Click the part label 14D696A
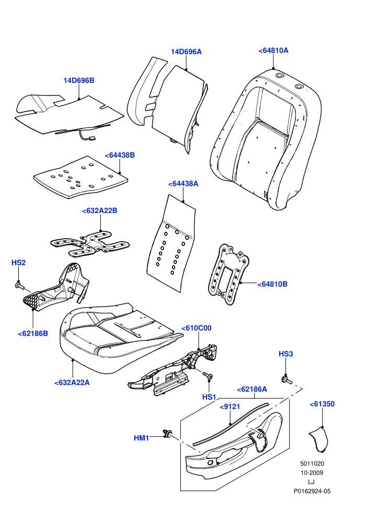click(186, 52)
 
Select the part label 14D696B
click(79, 80)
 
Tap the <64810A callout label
click(273, 51)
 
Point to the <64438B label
click(120, 155)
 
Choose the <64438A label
click(183, 184)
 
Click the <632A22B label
click(100, 210)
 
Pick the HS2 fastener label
click(18, 263)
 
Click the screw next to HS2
click(20, 286)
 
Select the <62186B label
click(33, 333)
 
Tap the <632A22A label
click(72, 382)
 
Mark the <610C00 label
click(197, 328)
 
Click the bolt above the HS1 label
click(208, 375)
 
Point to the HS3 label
click(286, 354)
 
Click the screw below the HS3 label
click(286, 380)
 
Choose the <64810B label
click(272, 284)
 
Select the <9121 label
click(230, 406)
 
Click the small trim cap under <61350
click(319, 439)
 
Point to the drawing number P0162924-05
click(312, 491)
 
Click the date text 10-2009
click(312, 473)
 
